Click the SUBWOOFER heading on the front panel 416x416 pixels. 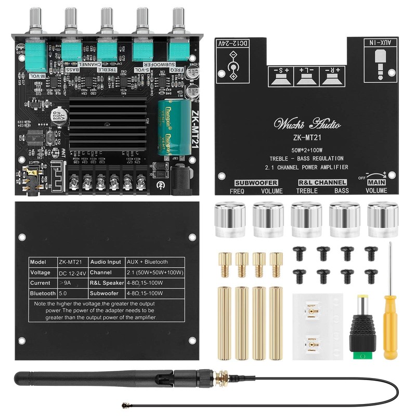point(256,183)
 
